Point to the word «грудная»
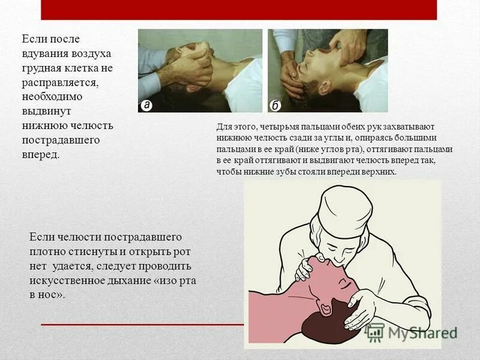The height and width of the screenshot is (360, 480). coord(45,68)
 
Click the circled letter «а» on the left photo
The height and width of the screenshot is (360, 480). coord(146,105)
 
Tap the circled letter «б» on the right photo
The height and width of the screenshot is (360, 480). coord(275,106)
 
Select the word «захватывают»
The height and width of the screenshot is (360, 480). coord(408,127)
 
